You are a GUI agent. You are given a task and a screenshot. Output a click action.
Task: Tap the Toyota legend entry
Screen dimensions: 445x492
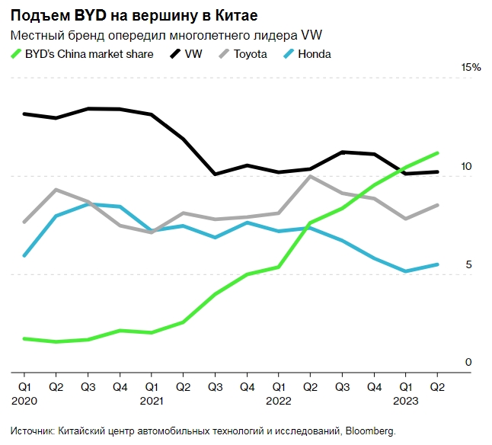point(250,54)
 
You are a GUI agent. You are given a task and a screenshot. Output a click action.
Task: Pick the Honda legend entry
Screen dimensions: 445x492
point(314,54)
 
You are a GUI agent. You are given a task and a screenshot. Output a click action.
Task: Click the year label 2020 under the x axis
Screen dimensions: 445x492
point(24,400)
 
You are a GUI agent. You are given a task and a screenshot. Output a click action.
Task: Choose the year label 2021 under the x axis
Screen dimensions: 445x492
point(152,400)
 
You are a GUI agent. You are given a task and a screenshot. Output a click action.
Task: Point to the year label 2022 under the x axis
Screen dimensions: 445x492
point(279,400)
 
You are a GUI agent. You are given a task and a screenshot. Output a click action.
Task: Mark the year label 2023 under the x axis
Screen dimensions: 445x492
point(406,400)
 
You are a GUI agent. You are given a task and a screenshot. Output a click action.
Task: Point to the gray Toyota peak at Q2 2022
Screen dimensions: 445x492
point(310,177)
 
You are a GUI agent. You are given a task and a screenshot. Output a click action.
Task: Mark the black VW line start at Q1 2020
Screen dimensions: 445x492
point(24,114)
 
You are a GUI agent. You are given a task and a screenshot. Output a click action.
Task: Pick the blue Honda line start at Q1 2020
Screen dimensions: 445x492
point(24,255)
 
